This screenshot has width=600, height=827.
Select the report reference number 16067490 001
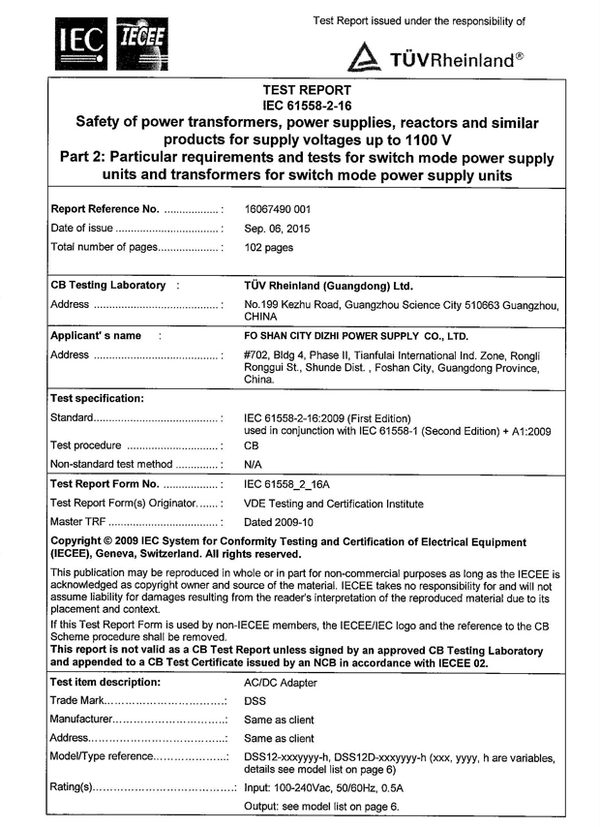(x=284, y=208)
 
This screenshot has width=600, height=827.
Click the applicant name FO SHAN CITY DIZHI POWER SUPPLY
(x=355, y=337)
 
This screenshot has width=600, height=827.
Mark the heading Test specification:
(x=97, y=398)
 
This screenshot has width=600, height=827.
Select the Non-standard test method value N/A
(x=255, y=465)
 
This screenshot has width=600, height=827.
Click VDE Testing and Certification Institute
(x=334, y=504)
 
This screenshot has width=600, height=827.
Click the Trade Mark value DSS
(x=256, y=700)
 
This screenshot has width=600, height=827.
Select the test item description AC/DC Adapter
(x=281, y=682)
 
